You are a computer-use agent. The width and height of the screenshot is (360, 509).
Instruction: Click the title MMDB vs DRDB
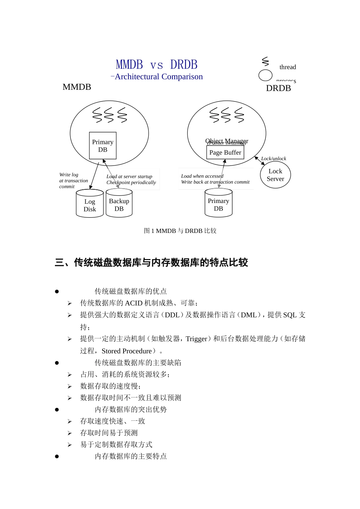pos(157,65)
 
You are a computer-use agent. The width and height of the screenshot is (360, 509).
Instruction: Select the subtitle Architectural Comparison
pos(158,77)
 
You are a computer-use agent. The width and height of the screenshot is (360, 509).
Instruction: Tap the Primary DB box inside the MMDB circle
pos(103,146)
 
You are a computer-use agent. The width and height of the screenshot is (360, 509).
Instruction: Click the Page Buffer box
pos(225,153)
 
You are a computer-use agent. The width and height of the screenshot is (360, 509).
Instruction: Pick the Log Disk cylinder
pos(90,205)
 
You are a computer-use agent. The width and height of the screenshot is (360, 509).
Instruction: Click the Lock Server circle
pos(275,175)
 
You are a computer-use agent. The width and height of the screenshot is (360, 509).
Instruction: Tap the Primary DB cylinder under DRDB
pos(219,204)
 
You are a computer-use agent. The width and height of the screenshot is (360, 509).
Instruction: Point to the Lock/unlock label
pos(274,159)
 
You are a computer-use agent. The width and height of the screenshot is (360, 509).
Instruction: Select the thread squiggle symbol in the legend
pos(265,61)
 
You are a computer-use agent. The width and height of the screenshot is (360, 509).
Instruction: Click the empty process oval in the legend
pos(265,75)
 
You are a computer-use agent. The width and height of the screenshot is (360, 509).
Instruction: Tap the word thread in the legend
pos(288,67)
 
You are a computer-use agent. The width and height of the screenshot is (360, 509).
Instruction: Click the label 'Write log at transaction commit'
pos(73,181)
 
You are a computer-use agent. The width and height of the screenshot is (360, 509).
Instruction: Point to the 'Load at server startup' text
pos(129,176)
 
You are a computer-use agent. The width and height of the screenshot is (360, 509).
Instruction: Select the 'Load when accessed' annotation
pos(202,176)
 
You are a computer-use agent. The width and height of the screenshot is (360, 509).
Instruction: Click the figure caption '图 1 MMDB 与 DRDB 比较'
pos(180,231)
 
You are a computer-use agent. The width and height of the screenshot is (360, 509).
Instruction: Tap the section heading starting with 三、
pos(151,262)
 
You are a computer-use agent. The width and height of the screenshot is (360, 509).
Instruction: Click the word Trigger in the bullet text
pos(196,339)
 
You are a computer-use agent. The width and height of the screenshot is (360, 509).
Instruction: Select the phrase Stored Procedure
pos(127,351)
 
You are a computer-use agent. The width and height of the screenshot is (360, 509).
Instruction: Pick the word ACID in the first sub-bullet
pos(133,303)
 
